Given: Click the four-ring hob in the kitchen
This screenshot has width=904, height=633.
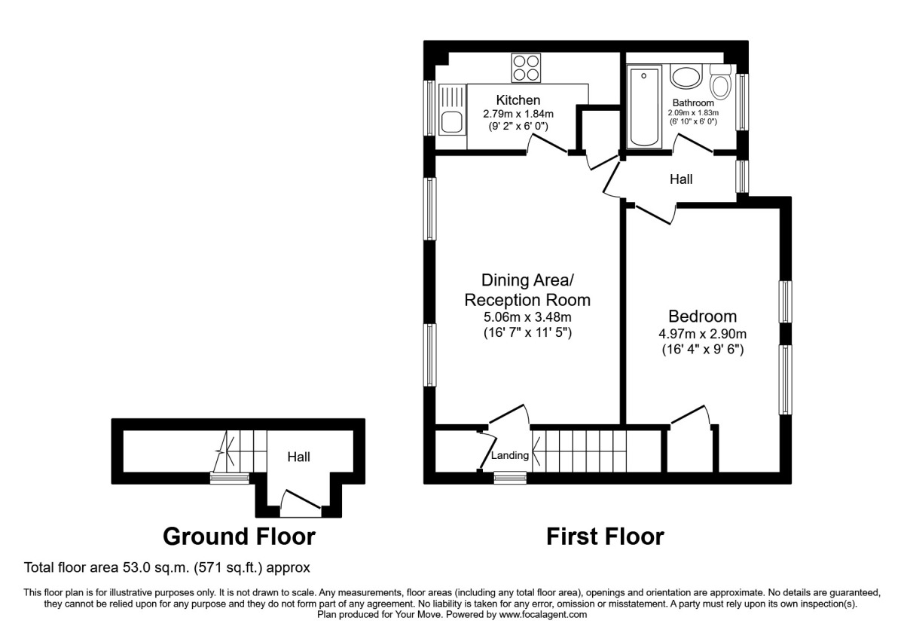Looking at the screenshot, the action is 526,68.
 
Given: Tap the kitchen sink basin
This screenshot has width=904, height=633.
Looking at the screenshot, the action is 451,122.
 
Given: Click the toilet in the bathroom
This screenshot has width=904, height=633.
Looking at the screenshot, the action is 720,82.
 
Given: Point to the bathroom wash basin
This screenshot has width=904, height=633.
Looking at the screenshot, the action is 686,77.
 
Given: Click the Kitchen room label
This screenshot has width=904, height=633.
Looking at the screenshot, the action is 518,99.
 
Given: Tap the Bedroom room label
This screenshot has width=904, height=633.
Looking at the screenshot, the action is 702,316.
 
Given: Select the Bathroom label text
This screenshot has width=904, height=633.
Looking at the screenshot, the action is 693,102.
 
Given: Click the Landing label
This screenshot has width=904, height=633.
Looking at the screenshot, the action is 510,455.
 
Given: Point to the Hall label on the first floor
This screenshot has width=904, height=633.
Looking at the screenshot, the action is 681,179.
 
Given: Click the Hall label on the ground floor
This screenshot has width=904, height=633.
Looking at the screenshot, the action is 298,457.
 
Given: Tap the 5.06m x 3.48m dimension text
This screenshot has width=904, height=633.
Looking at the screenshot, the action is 527,317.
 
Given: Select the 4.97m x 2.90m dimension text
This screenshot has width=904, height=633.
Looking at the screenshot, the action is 702,334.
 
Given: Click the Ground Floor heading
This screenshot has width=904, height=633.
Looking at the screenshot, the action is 239,537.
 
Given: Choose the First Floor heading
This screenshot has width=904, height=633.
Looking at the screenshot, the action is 605,537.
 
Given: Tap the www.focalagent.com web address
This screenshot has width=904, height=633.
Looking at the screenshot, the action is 543,614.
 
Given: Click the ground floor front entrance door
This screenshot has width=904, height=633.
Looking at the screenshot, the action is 301,503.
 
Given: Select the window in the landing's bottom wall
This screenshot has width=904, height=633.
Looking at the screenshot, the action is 510,478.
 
